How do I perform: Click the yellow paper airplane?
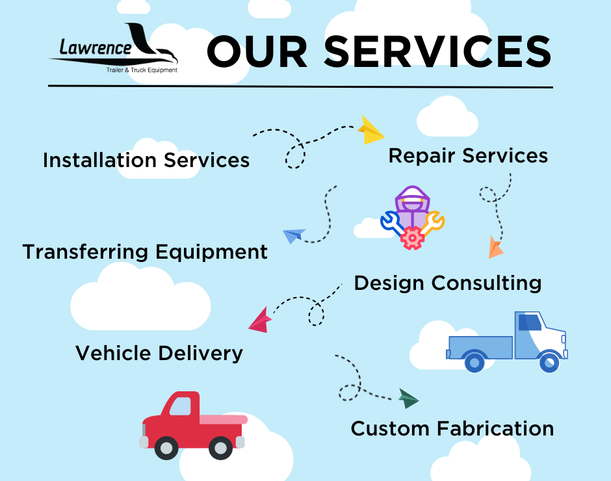point(370,131)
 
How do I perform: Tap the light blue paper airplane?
point(294,235)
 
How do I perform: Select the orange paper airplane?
point(495,248)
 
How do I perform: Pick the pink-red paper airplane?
point(260,321)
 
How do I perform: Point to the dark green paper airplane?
point(408,398)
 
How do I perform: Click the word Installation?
point(99,160)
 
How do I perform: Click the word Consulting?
point(486,283)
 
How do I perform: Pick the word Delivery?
point(200,354)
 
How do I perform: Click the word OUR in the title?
point(257,52)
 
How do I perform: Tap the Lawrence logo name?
point(96,47)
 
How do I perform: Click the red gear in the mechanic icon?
point(412,238)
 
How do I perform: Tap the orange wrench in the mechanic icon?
point(432,222)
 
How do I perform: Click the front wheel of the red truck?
point(166,448)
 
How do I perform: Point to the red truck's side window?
point(181,406)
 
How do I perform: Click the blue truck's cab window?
point(530,322)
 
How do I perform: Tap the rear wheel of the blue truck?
point(474,363)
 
